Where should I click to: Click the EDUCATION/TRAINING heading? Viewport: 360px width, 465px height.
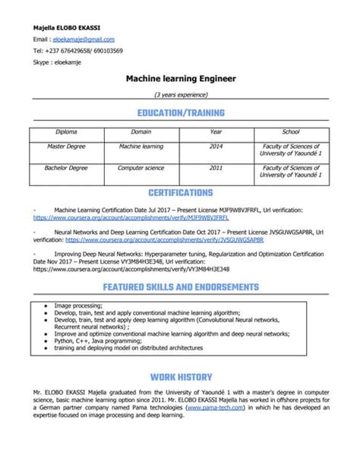point(180,112)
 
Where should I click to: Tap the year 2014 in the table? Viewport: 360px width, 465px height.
point(216,145)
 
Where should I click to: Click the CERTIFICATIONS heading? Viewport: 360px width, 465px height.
point(180,193)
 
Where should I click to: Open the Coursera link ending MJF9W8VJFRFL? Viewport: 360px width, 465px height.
point(110,217)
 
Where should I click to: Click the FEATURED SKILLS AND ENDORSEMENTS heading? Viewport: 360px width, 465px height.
point(180,287)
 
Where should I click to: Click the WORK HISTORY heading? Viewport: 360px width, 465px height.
point(180,375)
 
